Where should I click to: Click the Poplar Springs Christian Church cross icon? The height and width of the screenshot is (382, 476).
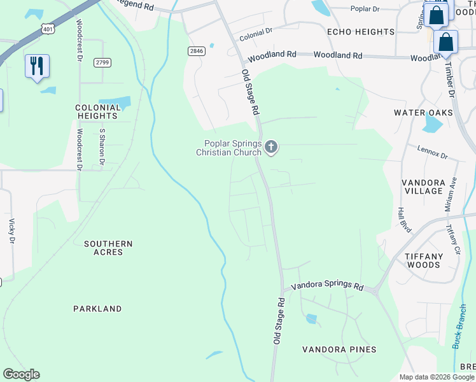click(x=271, y=148)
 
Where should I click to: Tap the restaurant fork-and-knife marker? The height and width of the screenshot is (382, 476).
click(x=37, y=66)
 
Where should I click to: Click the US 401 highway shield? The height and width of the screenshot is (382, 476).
click(x=48, y=29)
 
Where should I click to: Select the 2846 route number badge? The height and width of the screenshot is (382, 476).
click(x=196, y=51)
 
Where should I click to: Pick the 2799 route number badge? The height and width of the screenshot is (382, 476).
click(x=102, y=62)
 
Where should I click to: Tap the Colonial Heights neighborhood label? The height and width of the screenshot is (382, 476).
click(x=97, y=112)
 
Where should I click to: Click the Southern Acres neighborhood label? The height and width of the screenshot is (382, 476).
click(x=108, y=248)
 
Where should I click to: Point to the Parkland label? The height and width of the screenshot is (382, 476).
click(x=97, y=309)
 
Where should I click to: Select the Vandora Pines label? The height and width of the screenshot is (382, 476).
click(x=339, y=350)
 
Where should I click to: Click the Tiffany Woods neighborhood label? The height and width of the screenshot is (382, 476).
click(x=424, y=260)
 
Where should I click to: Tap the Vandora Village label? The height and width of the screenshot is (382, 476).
click(x=423, y=187)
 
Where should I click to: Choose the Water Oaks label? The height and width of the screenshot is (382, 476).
click(x=423, y=113)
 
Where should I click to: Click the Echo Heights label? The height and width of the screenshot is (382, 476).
click(x=360, y=32)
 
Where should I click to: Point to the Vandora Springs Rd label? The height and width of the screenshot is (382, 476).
click(x=327, y=286)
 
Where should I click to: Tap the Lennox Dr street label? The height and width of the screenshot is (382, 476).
click(x=433, y=153)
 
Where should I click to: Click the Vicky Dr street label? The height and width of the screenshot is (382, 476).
click(x=11, y=232)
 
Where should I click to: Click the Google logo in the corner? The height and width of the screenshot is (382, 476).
click(x=21, y=374)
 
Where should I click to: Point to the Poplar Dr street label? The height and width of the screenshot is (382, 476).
click(x=365, y=9)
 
